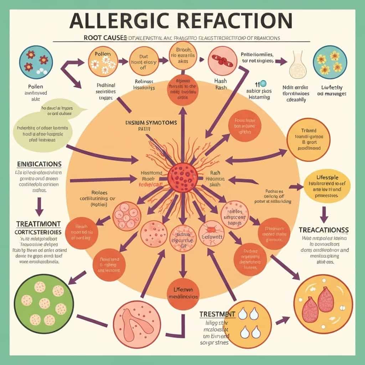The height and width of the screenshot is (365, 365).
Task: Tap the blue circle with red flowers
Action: [x=36, y=62]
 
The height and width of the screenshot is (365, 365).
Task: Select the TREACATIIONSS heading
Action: [x=324, y=230]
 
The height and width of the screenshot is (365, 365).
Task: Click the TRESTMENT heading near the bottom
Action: [x=217, y=314]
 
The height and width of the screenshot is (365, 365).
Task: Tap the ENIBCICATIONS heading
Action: [x=39, y=164]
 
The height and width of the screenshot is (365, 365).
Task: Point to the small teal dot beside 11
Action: [x=263, y=83]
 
